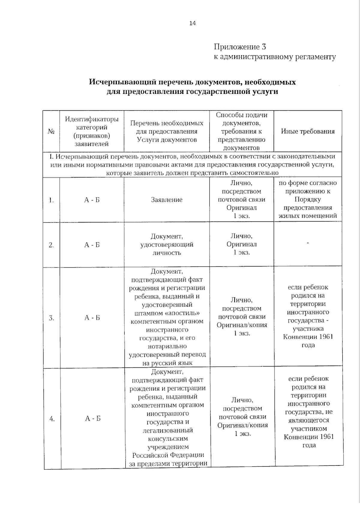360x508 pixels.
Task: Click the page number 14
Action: pos(192,23)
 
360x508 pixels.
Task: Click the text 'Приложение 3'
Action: pos(240,47)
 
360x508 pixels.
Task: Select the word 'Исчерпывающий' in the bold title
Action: pos(123,82)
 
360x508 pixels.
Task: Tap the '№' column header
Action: pos(51,131)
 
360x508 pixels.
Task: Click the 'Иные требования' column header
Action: pos(307,131)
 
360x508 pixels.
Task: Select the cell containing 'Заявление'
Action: pos(166,200)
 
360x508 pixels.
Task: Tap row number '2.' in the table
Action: pos(51,245)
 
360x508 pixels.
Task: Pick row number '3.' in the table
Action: pos(51,318)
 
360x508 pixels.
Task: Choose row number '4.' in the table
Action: pos(52,419)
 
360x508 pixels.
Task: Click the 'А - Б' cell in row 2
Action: pos(91,245)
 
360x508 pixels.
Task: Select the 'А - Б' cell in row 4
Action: pos(92,418)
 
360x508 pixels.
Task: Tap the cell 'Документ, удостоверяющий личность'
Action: pos(166,245)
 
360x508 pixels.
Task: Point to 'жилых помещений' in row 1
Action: pos(307,216)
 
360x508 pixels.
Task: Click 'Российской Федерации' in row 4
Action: pos(168,455)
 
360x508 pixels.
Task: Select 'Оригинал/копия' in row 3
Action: pos(242,325)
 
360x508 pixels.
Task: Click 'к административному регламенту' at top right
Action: pos(274,57)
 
